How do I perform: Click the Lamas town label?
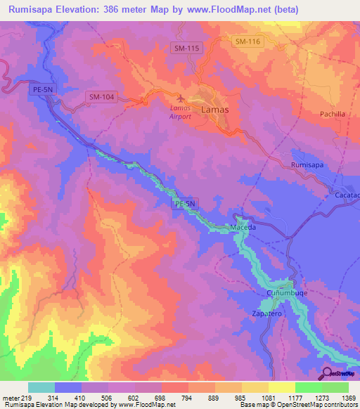click(214, 110)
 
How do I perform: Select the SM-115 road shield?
click(186, 47)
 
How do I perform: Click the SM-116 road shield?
click(247, 42)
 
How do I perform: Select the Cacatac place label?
click(347, 195)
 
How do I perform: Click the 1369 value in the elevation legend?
click(348, 398)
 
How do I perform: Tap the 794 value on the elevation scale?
click(188, 398)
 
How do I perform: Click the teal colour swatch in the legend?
click(41, 387)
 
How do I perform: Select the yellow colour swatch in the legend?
click(282, 387)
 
